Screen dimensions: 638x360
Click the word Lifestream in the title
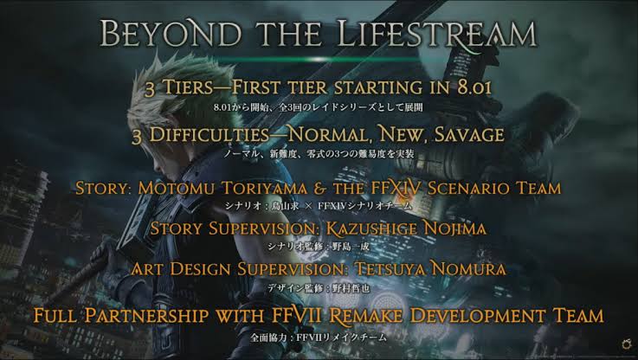coord(437,34)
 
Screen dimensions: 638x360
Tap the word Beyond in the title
coord(171,34)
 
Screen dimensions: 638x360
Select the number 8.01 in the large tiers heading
coord(474,87)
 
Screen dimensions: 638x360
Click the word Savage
coord(469,135)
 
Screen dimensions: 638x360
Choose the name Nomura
coord(468,269)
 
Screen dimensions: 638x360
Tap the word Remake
coord(365,316)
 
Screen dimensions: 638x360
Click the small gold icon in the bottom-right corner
coord(627,344)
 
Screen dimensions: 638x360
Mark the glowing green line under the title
coord(319,60)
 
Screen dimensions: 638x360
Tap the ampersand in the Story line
coord(319,189)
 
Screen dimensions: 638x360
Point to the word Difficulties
coord(209,135)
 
